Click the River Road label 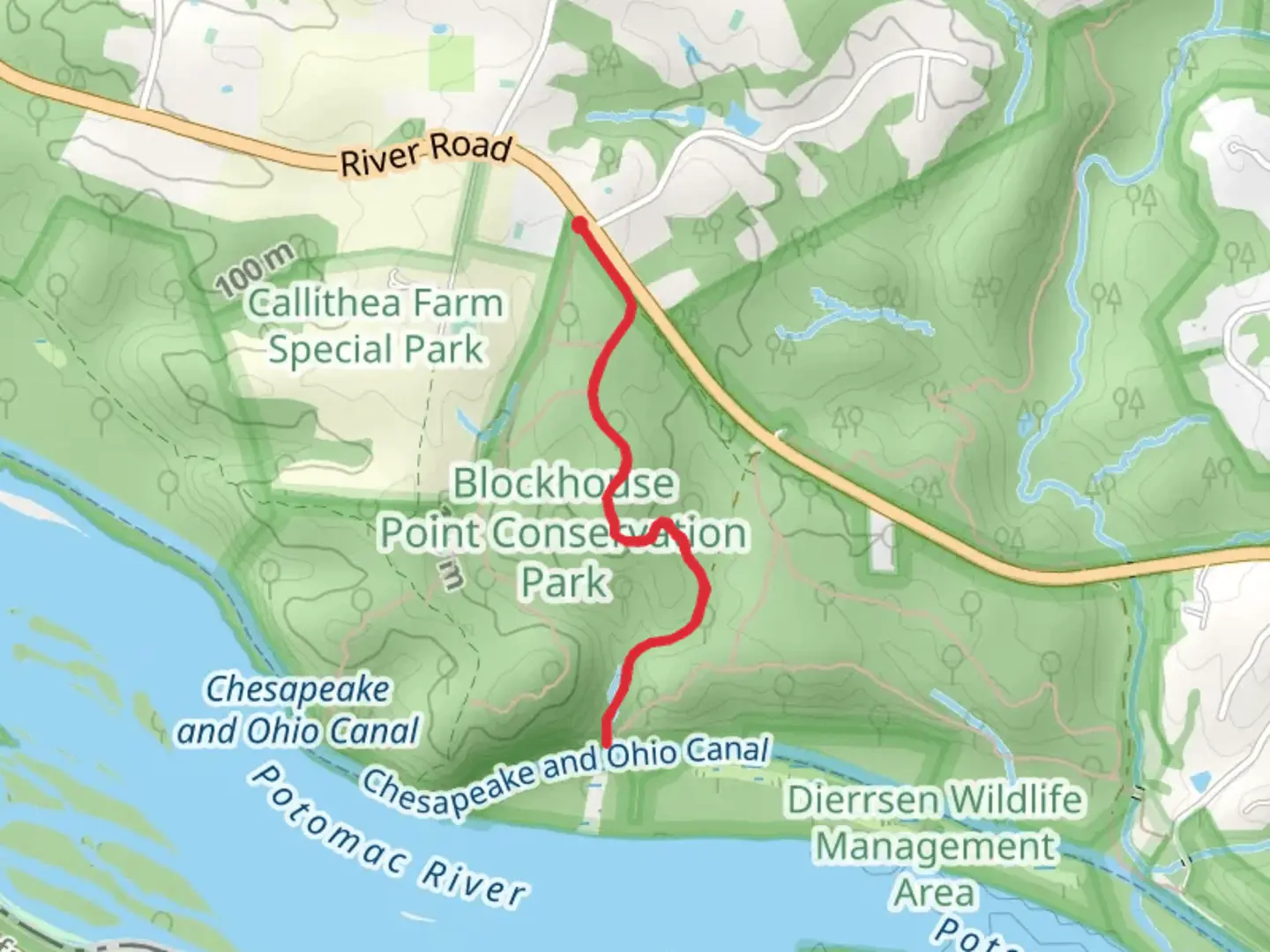click(426, 155)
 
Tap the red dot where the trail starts click(579, 226)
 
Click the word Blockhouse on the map click(564, 484)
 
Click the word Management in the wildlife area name click(935, 847)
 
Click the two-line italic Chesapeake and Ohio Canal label click(298, 710)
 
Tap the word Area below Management click(935, 893)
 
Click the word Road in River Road click(472, 147)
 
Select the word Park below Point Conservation click(564, 583)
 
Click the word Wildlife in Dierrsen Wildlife click(1012, 800)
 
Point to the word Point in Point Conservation click(430, 533)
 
